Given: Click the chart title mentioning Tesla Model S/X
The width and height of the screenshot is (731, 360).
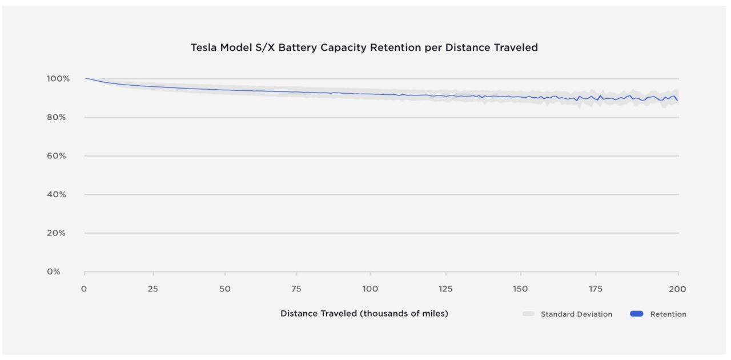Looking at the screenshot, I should pos(364,48).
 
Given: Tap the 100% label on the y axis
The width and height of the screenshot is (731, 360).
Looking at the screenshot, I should pos(58,79).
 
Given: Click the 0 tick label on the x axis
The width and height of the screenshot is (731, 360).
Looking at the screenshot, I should pos(84,289).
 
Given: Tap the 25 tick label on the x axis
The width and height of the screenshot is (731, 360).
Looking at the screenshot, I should pos(152,289).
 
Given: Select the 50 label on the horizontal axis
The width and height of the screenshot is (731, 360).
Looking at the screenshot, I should pos(226,289).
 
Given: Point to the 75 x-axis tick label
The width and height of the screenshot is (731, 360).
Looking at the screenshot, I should pos(297,289).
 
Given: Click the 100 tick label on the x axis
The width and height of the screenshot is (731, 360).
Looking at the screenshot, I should pos(370,289).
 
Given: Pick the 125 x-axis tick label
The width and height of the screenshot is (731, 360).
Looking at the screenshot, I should pos(445,289).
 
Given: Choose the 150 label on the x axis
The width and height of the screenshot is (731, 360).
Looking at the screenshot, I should pos(520,289).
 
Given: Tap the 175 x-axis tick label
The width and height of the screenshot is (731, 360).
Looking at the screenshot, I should pos(596,289).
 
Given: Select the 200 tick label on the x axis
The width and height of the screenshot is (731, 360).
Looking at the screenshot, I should pos(677,289).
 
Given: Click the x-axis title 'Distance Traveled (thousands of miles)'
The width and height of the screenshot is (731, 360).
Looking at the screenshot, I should pos(364,314).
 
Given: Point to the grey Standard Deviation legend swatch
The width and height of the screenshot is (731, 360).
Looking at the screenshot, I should pos(529,314).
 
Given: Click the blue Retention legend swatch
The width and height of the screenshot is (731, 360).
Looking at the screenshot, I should pos(636,314).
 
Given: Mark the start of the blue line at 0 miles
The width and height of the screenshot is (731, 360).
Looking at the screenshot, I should pos(85,79).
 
